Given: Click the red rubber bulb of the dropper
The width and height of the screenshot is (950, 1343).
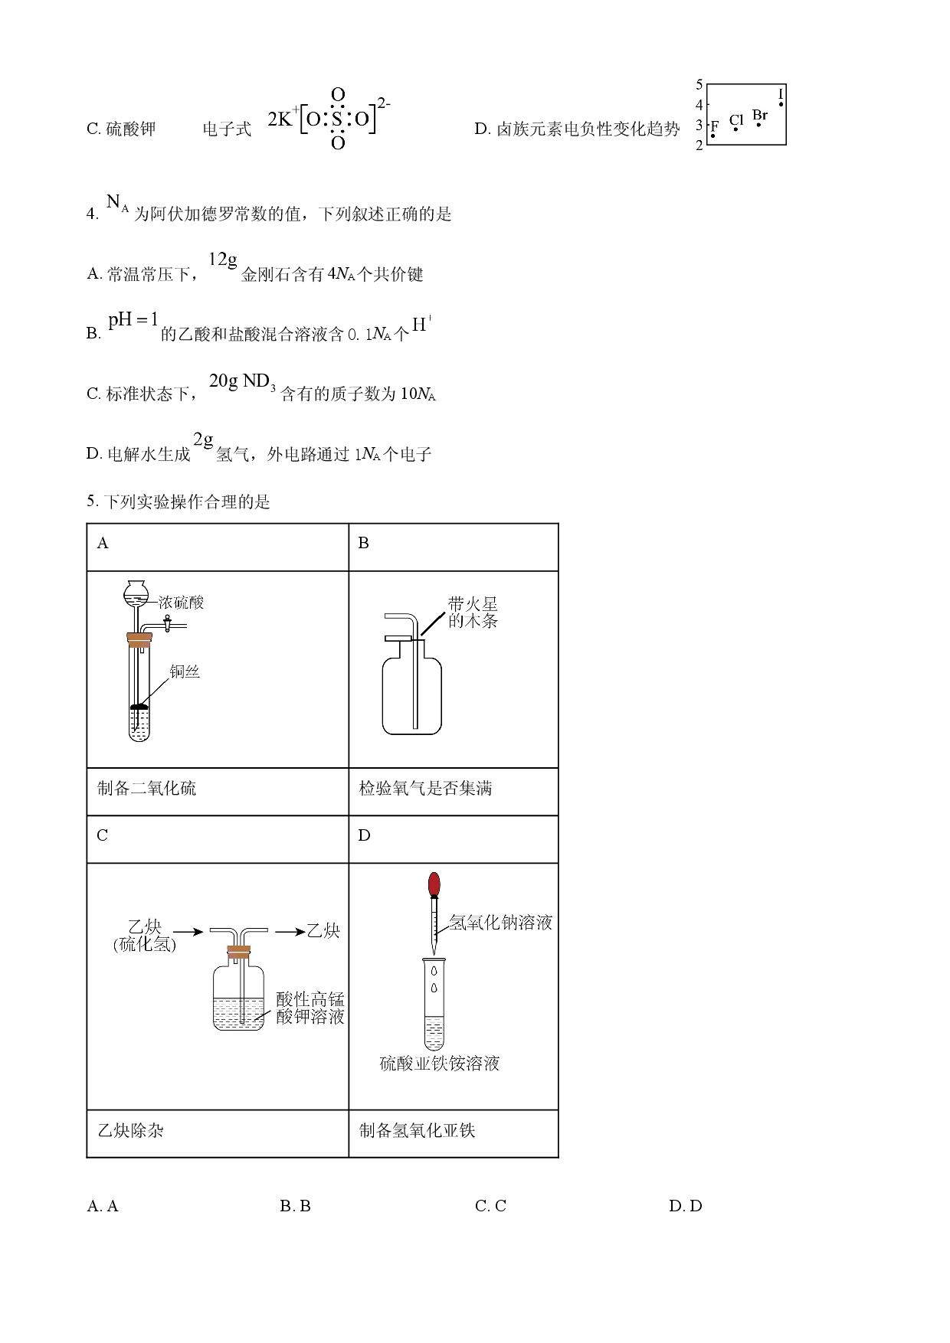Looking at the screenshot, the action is pyautogui.click(x=434, y=884).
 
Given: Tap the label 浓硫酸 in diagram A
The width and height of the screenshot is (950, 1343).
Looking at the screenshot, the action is pyautogui.click(x=182, y=603).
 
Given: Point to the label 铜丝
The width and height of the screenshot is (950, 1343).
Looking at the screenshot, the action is pyautogui.click(x=185, y=671).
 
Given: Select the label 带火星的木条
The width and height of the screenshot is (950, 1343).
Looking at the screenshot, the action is pyautogui.click(x=473, y=613).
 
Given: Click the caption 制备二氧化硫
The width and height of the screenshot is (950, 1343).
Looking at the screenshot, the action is pyautogui.click(x=146, y=789).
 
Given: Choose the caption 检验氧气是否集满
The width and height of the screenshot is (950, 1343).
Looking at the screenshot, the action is pyautogui.click(x=425, y=789).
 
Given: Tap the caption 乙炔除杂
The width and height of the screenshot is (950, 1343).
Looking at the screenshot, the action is pyautogui.click(x=130, y=1131).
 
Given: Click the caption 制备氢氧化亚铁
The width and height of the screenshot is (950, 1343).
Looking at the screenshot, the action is pyautogui.click(x=417, y=1131).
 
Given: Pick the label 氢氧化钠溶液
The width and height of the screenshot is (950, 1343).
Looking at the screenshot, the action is pyautogui.click(x=500, y=923).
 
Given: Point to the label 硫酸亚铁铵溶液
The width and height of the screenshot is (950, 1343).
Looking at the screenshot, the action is pyautogui.click(x=440, y=1064).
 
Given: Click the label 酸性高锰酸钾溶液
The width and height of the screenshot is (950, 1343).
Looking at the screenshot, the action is pyautogui.click(x=310, y=1008).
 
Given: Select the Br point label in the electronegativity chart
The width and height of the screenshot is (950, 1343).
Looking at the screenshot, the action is pyautogui.click(x=760, y=116).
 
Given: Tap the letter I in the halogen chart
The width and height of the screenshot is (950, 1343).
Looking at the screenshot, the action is pyautogui.click(x=781, y=95).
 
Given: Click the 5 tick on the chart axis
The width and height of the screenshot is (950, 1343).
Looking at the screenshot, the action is pyautogui.click(x=699, y=85).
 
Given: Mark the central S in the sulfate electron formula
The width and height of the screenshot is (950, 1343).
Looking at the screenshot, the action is pyautogui.click(x=337, y=119).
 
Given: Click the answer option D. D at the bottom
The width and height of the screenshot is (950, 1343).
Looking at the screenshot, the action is pyautogui.click(x=686, y=1206).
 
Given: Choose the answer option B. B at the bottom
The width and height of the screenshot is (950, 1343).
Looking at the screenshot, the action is pyautogui.click(x=296, y=1206).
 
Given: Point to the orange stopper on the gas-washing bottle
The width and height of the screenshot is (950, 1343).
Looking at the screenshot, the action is pyautogui.click(x=238, y=952).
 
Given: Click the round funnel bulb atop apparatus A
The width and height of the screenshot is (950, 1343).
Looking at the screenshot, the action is pyautogui.click(x=136, y=590).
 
